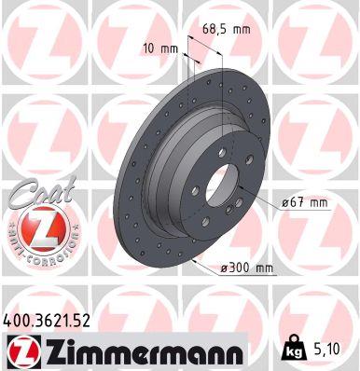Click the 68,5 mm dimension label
[x=227, y=30]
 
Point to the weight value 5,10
[x=327, y=350]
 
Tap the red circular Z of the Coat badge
[x=35, y=227]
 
